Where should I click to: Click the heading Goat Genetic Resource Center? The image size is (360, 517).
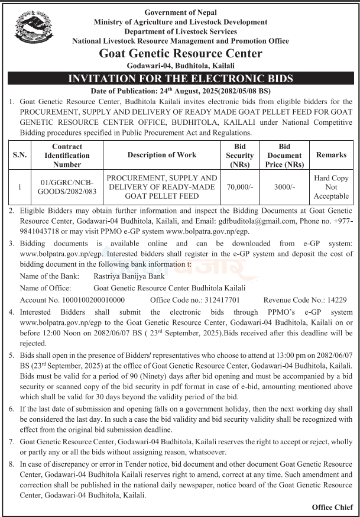pos(180,53)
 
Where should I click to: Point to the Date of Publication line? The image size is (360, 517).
pos(180,91)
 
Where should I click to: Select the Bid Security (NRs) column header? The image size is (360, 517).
pos(239,155)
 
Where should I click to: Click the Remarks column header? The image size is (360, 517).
pos(331,155)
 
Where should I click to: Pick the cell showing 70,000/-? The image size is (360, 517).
pos(239,187)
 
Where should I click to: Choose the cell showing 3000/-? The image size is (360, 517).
pos(285,187)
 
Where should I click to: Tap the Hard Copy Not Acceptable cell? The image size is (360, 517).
pos(331,187)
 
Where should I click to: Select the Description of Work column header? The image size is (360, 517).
pos(162,155)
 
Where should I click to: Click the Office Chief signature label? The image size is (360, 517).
pos(332,508)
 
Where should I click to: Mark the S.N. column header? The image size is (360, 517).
pos(20,155)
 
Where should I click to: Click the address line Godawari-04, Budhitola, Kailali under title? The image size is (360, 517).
pos(180,65)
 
